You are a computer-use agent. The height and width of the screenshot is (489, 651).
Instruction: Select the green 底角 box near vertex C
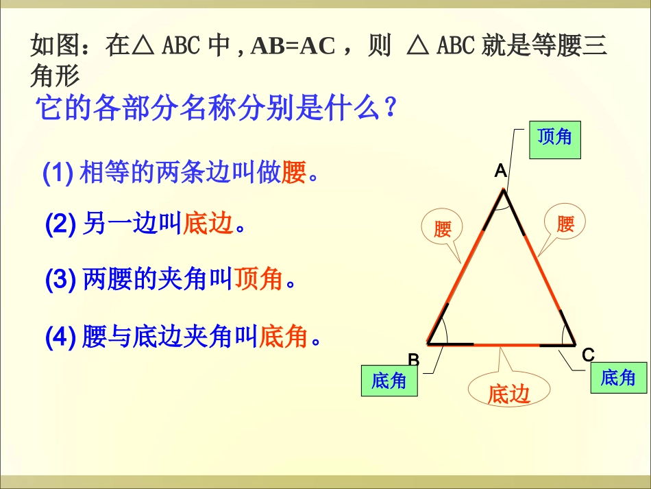point(617,377)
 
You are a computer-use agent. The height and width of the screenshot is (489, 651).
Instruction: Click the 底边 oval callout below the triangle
point(509,394)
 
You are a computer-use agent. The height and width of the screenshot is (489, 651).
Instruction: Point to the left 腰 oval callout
point(443,228)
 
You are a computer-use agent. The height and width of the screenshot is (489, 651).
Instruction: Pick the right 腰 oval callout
point(565,224)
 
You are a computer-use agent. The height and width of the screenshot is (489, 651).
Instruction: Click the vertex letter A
point(501,171)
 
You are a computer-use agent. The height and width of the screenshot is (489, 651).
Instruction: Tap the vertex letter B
point(413,359)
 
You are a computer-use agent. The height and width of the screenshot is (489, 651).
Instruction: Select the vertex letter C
point(588,355)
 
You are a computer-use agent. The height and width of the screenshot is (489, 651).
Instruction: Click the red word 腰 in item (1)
point(293,174)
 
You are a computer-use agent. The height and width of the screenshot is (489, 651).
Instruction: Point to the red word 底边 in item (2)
point(208,223)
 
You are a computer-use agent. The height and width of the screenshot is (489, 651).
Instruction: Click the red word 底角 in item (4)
point(283,336)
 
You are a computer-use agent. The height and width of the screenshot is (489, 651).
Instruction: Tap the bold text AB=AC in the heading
point(293,46)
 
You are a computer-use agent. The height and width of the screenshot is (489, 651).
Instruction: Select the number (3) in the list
point(60,279)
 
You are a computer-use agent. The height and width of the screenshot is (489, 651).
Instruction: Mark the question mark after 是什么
point(391,108)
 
